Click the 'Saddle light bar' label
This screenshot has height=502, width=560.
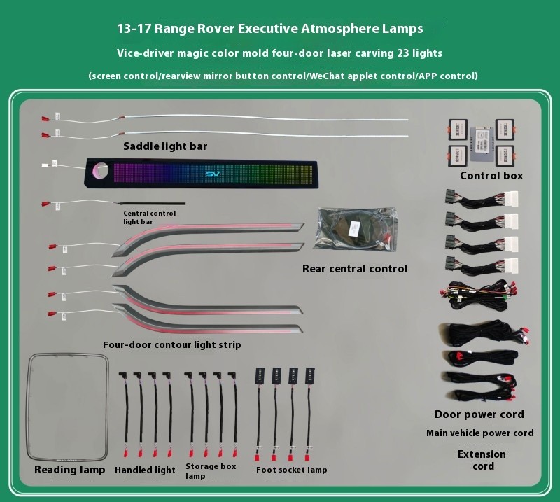[165, 146]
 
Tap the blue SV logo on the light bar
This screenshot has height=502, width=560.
[215, 174]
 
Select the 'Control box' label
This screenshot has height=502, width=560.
[491, 176]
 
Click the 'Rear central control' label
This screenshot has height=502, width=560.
[355, 269]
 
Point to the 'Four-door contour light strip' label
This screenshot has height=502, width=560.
[171, 345]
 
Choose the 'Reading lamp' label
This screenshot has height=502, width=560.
[70, 470]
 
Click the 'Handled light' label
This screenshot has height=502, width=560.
[145, 470]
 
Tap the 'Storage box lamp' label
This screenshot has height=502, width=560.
[210, 470]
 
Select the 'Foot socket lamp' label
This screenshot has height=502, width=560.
[291, 470]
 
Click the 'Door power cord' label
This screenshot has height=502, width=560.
[479, 414]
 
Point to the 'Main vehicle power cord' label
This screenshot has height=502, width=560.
[479, 433]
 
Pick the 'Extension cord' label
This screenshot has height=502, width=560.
[482, 460]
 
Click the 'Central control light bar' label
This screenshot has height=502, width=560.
[148, 217]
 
